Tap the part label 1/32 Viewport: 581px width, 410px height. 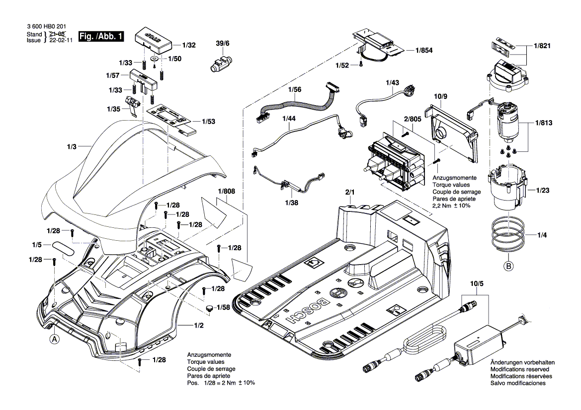[x=189, y=45]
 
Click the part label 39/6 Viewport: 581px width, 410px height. [x=223, y=44]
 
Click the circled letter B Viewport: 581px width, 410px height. [x=508, y=267]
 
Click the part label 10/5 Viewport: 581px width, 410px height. [x=476, y=283]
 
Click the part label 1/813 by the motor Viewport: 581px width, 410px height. [x=544, y=123]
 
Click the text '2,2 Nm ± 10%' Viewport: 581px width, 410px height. [x=451, y=205]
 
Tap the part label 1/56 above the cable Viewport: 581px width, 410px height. [x=295, y=89]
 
